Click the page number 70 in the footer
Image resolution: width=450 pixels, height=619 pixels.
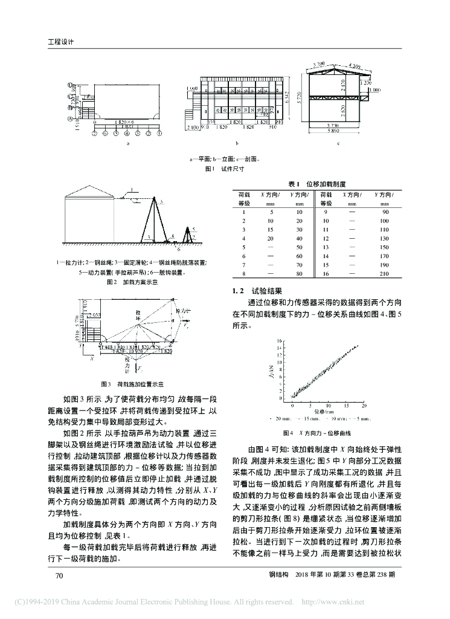[x=59, y=575]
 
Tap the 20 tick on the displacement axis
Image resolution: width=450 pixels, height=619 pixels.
[x=364, y=406]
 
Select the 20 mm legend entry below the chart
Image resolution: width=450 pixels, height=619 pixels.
[x=283, y=418]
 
